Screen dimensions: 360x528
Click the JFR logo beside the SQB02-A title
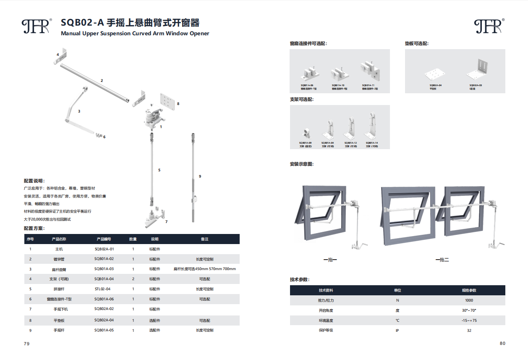pyautogui.click(x=37, y=26)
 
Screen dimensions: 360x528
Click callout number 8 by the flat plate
pyautogui.click(x=178, y=103)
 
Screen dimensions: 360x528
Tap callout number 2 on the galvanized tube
pyautogui.click(x=102, y=80)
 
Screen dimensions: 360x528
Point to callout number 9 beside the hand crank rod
pyautogui.click(x=200, y=176)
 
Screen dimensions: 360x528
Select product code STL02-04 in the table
pyautogui.click(x=102, y=289)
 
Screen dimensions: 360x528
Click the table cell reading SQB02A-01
pyautogui.click(x=104, y=249)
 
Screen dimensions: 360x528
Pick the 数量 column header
pyautogui.click(x=133, y=239)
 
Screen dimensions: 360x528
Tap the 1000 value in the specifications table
pyautogui.click(x=469, y=300)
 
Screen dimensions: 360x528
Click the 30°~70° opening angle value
pyautogui.click(x=469, y=310)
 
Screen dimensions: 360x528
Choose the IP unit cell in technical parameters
pyautogui.click(x=397, y=331)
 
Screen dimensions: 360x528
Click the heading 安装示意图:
pyautogui.click(x=302, y=164)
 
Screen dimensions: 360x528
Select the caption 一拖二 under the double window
pyautogui.click(x=442, y=260)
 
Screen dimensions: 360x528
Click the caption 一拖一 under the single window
pyautogui.click(x=330, y=260)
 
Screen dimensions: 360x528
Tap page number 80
pyautogui.click(x=502, y=343)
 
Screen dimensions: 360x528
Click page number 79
pyautogui.click(x=26, y=344)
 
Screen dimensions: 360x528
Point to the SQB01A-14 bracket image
pyautogui.click(x=372, y=126)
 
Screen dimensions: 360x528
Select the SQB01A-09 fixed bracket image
pyautogui.click(x=305, y=133)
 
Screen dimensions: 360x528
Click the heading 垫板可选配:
pyautogui.click(x=416, y=44)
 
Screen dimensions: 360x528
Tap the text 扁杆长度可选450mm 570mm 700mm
pyautogui.click(x=204, y=269)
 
